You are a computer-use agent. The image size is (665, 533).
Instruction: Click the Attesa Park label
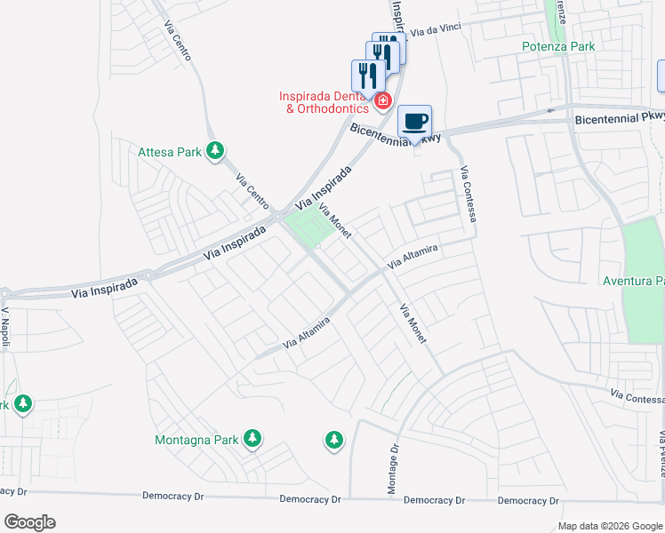tap(169, 152)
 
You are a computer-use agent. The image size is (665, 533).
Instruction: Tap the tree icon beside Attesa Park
tap(214, 151)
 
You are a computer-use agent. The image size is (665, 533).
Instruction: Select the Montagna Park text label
tap(196, 439)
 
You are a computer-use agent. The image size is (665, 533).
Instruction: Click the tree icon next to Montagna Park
tap(252, 438)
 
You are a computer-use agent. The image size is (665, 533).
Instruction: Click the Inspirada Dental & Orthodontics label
tap(324, 102)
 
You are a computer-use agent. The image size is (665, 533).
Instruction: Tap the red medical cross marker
tap(383, 101)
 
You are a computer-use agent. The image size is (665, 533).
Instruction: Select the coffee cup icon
tap(414, 121)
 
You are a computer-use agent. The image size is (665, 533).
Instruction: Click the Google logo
tap(29, 522)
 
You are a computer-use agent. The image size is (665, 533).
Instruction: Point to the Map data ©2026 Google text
tap(609, 526)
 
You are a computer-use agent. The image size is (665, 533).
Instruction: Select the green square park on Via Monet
tap(310, 227)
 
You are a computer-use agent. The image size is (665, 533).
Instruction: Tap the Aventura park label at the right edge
tap(635, 282)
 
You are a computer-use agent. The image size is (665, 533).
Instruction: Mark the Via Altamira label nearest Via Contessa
tap(413, 258)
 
